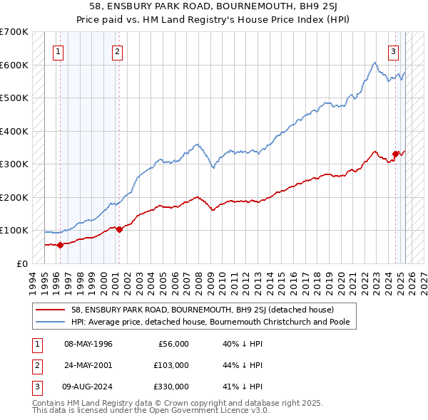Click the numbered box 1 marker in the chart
coord(57,51)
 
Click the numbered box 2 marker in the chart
coord(116,51)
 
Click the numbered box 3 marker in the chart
coord(393,51)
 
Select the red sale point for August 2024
coord(395,154)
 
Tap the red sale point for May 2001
coord(119,229)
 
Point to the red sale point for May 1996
coord(60,245)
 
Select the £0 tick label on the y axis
coord(23,263)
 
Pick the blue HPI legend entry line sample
coord(51,321)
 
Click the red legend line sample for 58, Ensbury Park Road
coord(51,310)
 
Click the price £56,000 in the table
coord(173,344)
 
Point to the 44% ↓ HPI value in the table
coord(239,365)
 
